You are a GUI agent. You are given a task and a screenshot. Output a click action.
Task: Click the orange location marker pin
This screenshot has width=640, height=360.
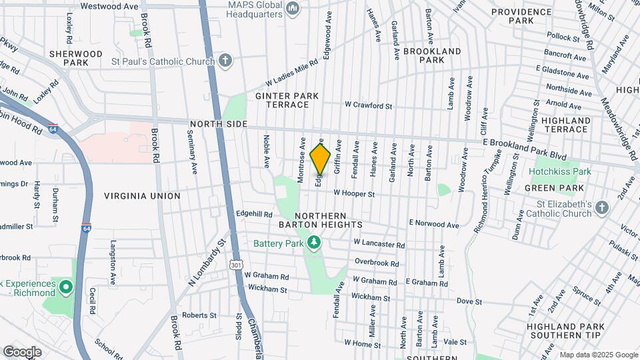pyautogui.click(x=321, y=158)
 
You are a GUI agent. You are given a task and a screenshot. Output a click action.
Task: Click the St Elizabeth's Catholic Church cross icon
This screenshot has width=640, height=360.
pyautogui.click(x=601, y=208)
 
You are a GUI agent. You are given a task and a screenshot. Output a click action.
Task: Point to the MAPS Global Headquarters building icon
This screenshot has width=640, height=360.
pyautogui.click(x=291, y=14)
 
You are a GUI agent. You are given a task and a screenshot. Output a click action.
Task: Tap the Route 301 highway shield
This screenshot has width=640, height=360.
pyautogui.click(x=236, y=265)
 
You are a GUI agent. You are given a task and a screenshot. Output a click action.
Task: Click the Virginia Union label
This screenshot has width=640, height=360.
pyautogui.click(x=142, y=196)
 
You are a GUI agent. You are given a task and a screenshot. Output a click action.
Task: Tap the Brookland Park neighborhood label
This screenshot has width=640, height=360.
pyautogui.click(x=432, y=55)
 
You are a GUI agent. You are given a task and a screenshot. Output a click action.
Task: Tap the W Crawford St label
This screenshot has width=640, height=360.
pyautogui.click(x=368, y=105)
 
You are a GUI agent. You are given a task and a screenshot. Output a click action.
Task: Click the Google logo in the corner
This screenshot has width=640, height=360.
pyautogui.click(x=22, y=352)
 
